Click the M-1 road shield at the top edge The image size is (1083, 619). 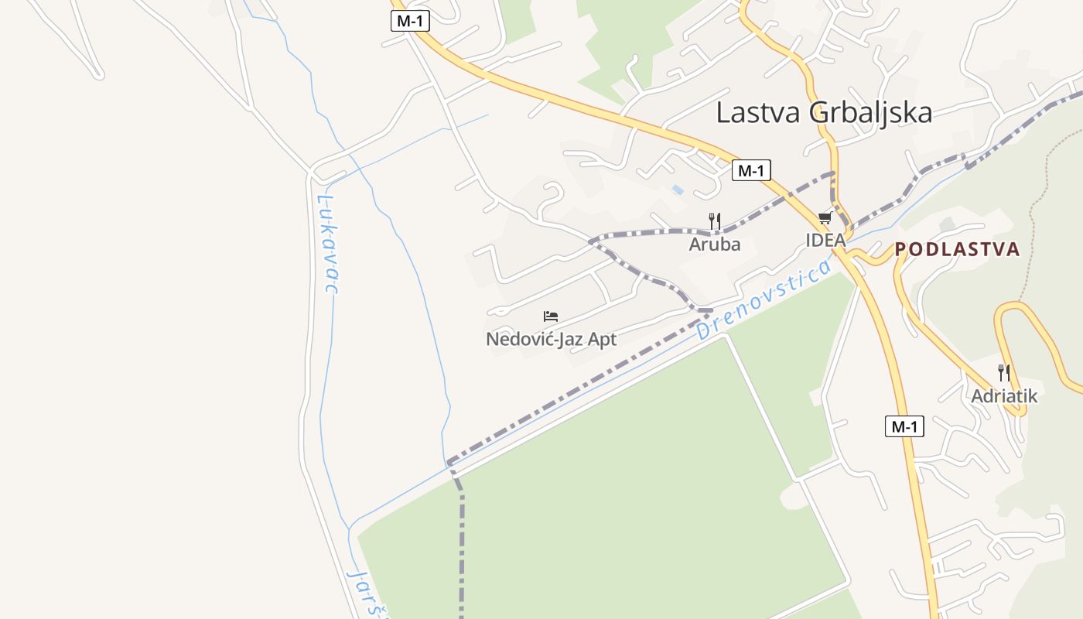(409, 21)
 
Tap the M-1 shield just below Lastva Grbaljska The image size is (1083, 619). (751, 170)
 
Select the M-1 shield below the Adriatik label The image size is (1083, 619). (904, 426)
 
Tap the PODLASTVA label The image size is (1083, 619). (957, 249)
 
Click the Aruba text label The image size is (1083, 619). (715, 245)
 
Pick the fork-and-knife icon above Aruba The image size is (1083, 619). (715, 221)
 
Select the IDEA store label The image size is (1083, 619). (825, 240)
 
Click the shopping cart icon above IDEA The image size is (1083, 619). (825, 218)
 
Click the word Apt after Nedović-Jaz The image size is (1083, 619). (603, 340)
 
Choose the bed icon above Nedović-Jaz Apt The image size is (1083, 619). (551, 316)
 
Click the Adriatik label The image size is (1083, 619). (1004, 396)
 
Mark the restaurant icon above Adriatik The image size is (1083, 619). (1004, 373)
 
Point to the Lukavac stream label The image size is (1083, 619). (328, 244)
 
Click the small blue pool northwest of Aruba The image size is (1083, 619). (678, 190)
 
